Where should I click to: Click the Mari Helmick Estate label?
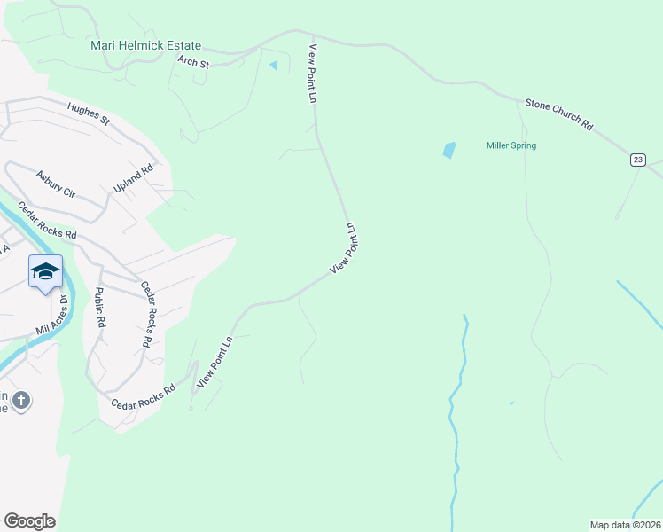tap(146, 45)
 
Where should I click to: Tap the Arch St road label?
tap(192, 62)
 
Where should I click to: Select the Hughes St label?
tap(87, 113)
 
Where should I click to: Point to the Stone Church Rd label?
tap(558, 115)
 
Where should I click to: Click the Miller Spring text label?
tap(511, 145)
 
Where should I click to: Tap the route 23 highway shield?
tap(638, 160)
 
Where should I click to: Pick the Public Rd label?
tap(100, 309)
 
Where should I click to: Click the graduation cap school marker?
tap(45, 271)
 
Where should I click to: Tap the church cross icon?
tap(21, 402)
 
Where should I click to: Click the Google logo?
tap(29, 521)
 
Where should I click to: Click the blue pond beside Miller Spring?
tap(448, 150)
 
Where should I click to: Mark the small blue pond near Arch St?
tap(273, 65)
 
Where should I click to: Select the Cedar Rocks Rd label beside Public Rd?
tap(147, 314)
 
